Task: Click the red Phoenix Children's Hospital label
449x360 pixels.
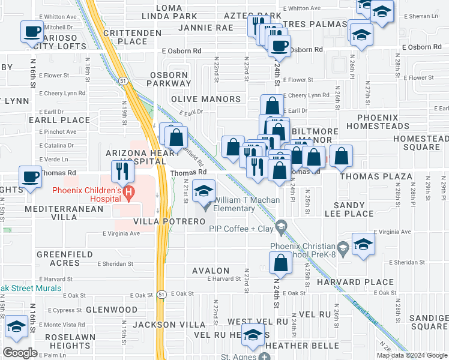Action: [x=88, y=191]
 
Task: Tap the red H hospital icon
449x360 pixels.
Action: [x=128, y=191]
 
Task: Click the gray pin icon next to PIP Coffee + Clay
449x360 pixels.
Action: [x=280, y=227]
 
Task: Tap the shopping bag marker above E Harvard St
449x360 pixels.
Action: [x=280, y=262]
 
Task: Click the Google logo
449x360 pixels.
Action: [x=20, y=353]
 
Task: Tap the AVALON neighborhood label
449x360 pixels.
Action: [x=210, y=271]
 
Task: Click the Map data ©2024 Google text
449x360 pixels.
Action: [x=412, y=355]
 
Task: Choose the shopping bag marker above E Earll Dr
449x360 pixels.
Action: [x=272, y=106]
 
